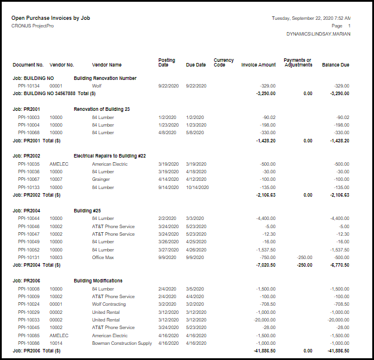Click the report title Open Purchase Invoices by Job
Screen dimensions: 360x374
coord(51,18)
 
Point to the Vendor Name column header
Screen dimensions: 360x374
coord(107,65)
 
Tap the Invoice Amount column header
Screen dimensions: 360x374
coord(258,65)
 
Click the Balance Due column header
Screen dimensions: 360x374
coord(335,65)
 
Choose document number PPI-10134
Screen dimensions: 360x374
coord(29,86)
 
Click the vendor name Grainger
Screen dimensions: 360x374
coord(102,180)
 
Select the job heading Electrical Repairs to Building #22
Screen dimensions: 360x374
coord(110,156)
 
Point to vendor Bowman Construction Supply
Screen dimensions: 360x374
coord(122,343)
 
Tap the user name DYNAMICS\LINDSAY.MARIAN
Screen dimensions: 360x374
coord(318,34)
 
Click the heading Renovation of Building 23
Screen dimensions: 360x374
coord(102,109)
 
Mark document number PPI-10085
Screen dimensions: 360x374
coord(29,335)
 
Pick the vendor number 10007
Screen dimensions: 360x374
coord(56,180)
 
